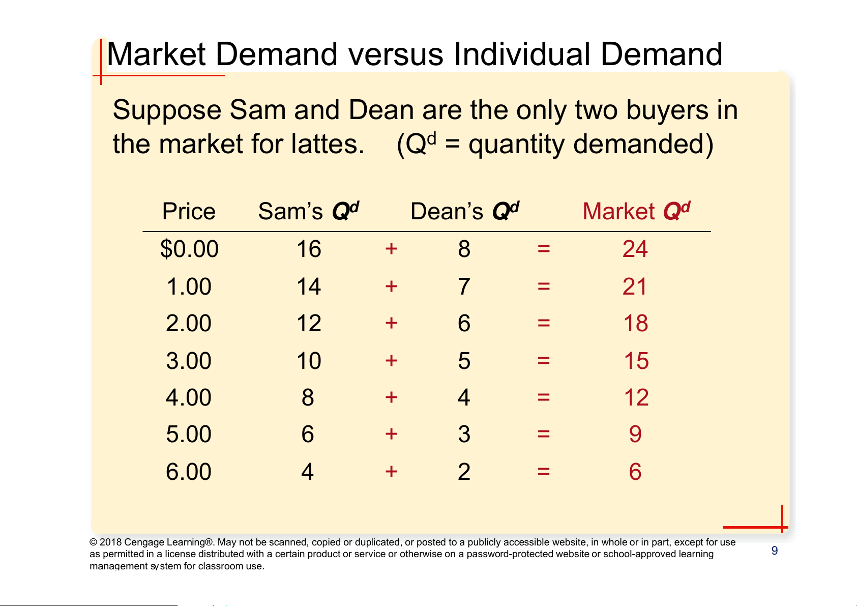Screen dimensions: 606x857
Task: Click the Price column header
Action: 189,211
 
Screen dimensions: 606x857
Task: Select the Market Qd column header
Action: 636,211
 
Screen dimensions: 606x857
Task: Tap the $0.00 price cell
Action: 189,249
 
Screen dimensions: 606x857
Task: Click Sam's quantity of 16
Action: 309,249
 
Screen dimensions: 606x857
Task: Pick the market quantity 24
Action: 635,249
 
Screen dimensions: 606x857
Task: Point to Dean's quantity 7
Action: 464,286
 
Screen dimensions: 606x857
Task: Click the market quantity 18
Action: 636,323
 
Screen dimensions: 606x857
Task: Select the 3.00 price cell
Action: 189,361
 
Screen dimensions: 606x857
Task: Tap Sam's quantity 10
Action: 309,361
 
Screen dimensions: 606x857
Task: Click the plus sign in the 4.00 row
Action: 391,397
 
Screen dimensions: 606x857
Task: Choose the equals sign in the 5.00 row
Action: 544,434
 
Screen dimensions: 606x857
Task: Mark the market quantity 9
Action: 635,434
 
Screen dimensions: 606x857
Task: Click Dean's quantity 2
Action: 464,472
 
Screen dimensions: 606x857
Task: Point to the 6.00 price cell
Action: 189,472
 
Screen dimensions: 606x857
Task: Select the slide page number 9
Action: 775,551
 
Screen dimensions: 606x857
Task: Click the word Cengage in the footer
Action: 144,542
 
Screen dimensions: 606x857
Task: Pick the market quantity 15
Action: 636,361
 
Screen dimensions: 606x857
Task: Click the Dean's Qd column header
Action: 464,211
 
